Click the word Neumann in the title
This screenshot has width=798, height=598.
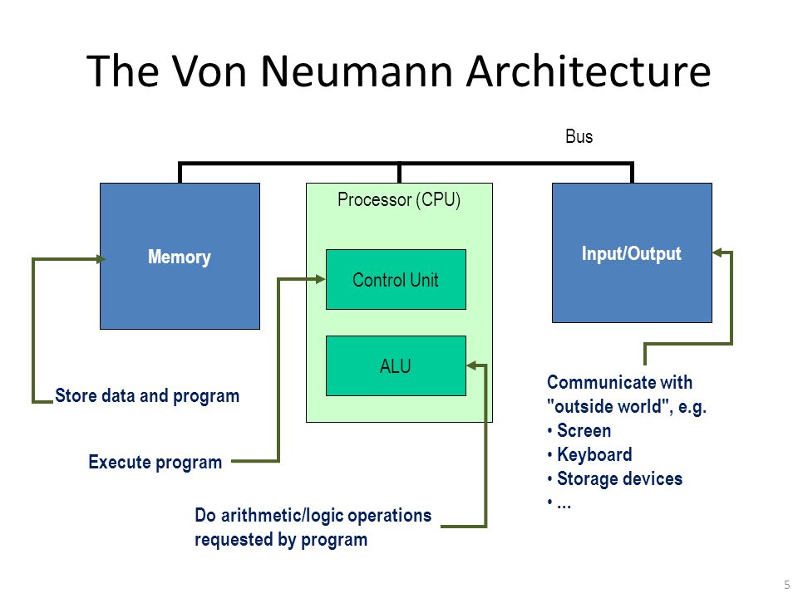[357, 71]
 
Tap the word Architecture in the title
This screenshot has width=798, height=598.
[589, 71]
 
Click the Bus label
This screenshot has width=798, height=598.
[579, 136]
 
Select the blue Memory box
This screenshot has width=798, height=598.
[180, 257]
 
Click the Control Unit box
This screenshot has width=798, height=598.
[396, 279]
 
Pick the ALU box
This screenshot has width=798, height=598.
[396, 365]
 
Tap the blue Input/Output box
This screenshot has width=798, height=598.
[632, 252]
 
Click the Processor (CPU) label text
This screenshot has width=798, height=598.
[399, 199]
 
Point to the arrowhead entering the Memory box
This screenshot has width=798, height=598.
[101, 259]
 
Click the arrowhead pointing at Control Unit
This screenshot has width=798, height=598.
[320, 279]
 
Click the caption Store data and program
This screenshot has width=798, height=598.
[147, 395]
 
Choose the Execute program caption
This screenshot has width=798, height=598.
[155, 463]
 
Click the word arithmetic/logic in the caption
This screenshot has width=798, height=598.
[283, 515]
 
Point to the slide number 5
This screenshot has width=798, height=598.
[787, 585]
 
